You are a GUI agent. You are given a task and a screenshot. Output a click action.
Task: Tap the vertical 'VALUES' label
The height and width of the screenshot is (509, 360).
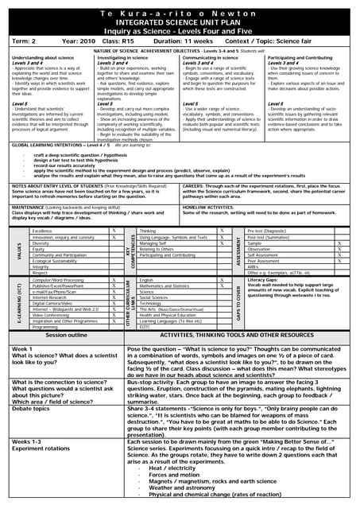[x=19, y=251]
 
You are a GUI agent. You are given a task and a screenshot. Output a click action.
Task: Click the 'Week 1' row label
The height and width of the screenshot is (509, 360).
[x=22, y=349]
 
